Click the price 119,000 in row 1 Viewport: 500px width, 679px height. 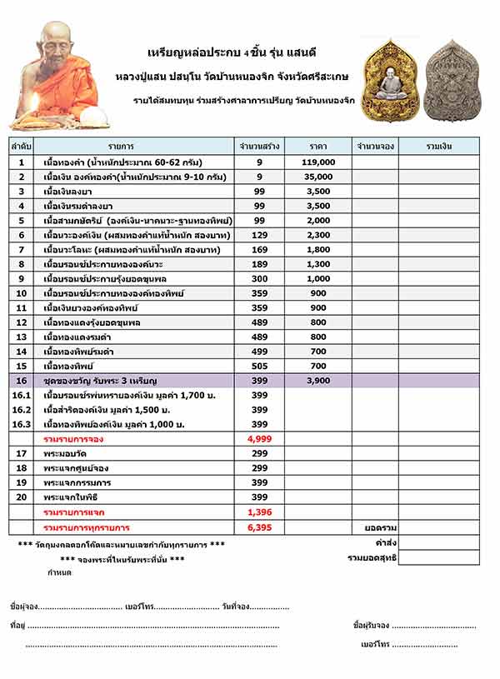(x=318, y=162)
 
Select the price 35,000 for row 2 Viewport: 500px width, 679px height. (x=318, y=177)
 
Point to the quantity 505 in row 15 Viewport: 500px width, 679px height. (x=259, y=366)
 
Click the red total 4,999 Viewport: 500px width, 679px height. (x=259, y=438)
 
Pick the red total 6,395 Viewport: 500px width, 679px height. (x=259, y=528)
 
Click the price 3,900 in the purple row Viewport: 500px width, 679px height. (x=318, y=381)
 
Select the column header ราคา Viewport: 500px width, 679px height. (x=318, y=146)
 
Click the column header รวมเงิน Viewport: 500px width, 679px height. (x=438, y=146)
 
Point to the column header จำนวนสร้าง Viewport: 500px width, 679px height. (x=259, y=146)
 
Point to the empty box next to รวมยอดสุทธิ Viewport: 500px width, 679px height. (x=438, y=557)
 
